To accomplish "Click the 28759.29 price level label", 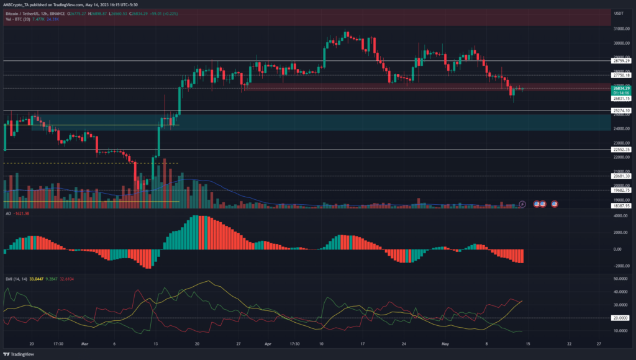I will [621, 61].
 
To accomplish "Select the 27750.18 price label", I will [621, 75].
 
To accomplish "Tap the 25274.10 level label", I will [621, 110].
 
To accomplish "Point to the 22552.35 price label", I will [621, 150].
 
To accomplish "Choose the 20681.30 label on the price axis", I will [621, 176].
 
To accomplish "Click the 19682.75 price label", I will [621, 191].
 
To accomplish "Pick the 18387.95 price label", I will [621, 205].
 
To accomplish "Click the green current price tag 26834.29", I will [621, 89].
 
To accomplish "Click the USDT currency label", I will [618, 13].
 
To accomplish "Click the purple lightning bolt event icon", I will [522, 203].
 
